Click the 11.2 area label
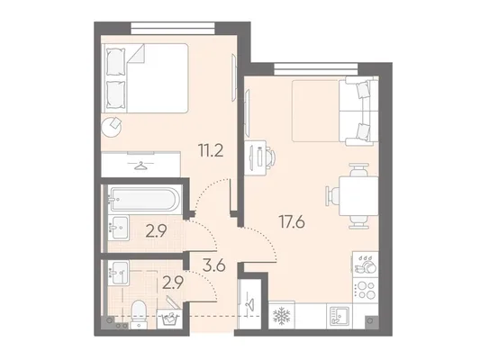click(211, 150)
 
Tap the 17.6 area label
click(292, 221)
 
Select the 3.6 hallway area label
click(214, 265)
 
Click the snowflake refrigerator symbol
click(281, 316)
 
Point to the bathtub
click(143, 199)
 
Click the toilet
click(139, 314)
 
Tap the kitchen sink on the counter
click(340, 316)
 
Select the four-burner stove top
click(366, 290)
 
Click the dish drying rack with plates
click(366, 265)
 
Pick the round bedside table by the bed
click(112, 127)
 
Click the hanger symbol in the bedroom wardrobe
click(140, 166)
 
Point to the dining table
click(358, 196)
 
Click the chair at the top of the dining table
click(358, 171)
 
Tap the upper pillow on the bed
click(115, 61)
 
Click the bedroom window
click(173, 28)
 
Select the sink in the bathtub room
click(118, 228)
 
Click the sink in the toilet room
click(118, 273)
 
